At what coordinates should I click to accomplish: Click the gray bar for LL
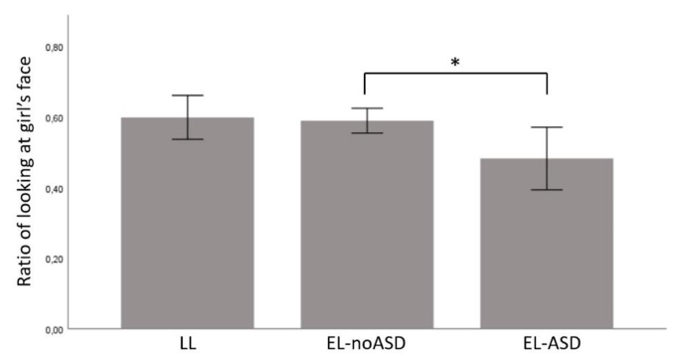click(x=187, y=224)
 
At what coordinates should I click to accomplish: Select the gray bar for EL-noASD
click(x=367, y=226)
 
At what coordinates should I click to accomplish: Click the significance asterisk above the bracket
click(x=455, y=63)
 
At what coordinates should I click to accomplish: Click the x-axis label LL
click(x=187, y=345)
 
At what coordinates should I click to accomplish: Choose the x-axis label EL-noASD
click(x=367, y=345)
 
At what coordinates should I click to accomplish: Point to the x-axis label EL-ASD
click(x=547, y=345)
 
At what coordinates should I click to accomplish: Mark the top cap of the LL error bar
click(x=187, y=95)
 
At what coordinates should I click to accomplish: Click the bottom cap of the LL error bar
click(x=187, y=139)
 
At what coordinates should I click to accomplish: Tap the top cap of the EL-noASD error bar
click(x=367, y=108)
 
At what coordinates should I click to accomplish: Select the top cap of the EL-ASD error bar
click(x=547, y=127)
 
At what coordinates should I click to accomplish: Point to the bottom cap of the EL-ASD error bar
click(x=547, y=190)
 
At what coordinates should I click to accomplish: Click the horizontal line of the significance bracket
click(x=455, y=73)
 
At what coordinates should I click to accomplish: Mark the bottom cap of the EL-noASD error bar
click(x=367, y=133)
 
